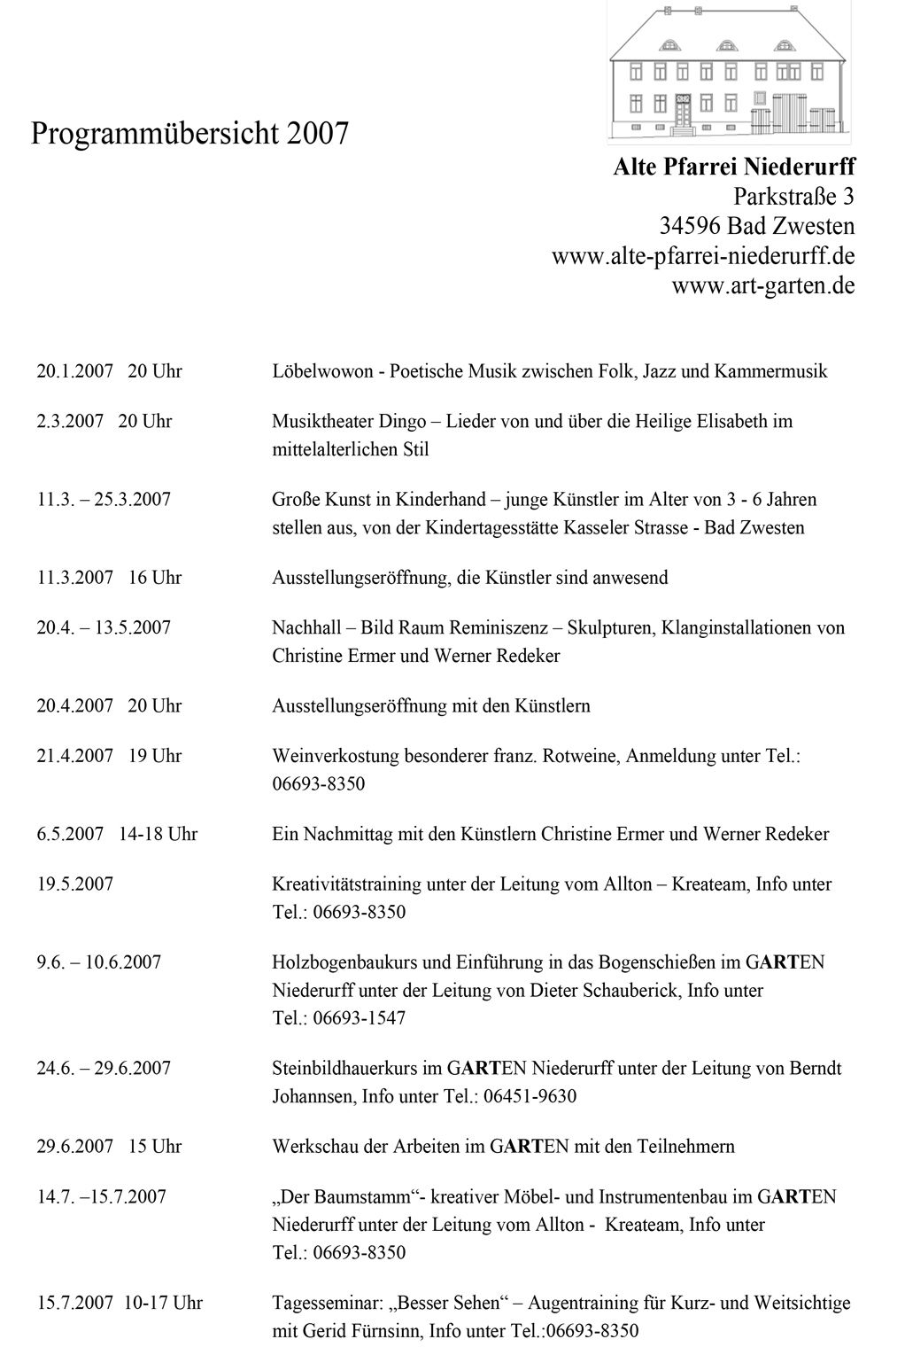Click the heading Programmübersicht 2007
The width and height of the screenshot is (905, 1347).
click(190, 134)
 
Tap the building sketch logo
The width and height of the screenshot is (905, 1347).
click(729, 74)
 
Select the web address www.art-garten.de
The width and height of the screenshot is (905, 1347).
click(762, 286)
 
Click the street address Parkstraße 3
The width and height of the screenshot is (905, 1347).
click(793, 196)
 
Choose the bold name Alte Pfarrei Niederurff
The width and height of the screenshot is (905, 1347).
click(734, 167)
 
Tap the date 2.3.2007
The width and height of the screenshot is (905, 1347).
click(71, 421)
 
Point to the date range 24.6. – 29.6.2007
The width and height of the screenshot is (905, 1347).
click(104, 1068)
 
